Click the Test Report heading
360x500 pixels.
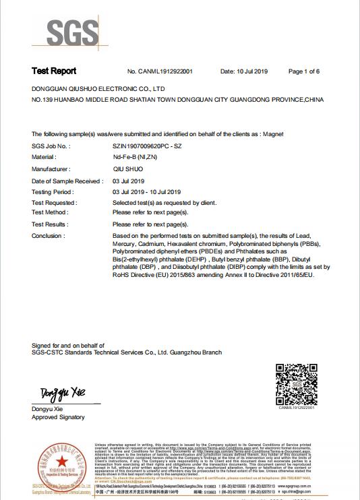(54, 71)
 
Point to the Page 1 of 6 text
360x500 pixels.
(303, 71)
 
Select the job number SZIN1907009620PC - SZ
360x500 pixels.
(147, 146)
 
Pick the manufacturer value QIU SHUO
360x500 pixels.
(127, 169)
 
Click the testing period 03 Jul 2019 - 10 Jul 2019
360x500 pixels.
(147, 192)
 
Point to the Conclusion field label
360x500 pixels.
(49, 236)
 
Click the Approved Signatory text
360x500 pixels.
(59, 417)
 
